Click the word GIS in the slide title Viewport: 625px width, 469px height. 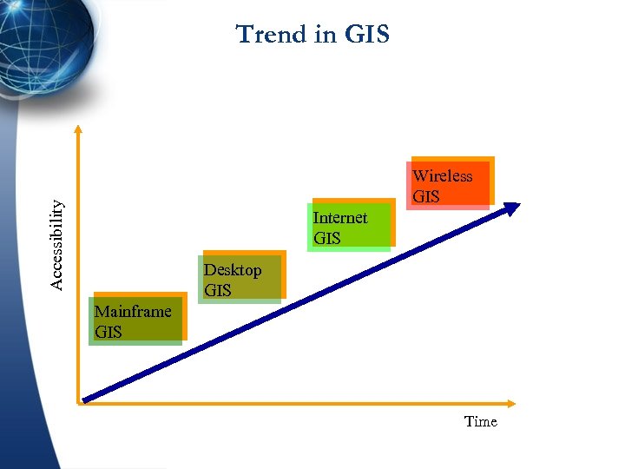[x=367, y=35]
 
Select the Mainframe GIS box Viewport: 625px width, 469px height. [x=137, y=320]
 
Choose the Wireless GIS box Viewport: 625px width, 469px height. [x=450, y=182]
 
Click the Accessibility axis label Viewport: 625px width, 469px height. [x=56, y=245]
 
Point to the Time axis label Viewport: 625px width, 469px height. [x=480, y=421]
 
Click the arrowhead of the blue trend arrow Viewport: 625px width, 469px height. [x=512, y=208]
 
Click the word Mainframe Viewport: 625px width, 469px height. [x=133, y=311]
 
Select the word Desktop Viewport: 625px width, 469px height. [x=233, y=270]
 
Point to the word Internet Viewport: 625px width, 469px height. [x=339, y=217]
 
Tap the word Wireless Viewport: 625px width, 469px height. [x=442, y=175]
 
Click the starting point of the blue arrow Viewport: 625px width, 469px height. [x=85, y=400]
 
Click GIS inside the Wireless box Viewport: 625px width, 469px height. [x=425, y=196]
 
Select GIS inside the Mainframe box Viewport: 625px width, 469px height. [x=109, y=332]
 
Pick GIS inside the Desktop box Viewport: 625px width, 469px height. [x=217, y=290]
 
